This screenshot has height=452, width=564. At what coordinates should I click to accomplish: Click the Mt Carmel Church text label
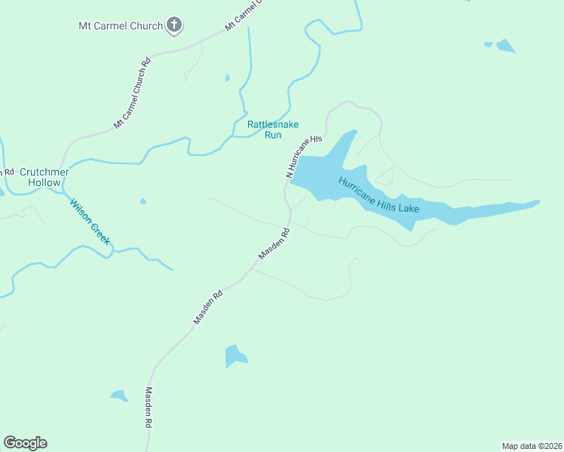121,26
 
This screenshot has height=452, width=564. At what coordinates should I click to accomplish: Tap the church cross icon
174,26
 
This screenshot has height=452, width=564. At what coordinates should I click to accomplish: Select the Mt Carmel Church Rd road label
133,93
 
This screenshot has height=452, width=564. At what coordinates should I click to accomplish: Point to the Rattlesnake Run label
264,130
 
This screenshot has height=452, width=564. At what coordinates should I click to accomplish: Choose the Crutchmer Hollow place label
44,177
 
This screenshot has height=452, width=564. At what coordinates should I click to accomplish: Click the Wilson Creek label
90,221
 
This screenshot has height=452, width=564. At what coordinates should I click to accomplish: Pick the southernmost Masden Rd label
149,408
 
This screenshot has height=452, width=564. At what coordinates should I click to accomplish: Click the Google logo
25,443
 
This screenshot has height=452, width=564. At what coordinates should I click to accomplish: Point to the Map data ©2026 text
532,445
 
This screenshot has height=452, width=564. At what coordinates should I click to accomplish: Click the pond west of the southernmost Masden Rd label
119,395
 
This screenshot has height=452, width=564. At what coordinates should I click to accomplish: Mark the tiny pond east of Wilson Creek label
143,201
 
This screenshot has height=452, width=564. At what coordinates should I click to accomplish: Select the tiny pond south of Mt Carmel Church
227,77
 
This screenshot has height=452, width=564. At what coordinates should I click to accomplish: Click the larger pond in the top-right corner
505,46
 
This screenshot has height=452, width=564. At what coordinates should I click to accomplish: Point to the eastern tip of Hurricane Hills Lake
538,201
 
